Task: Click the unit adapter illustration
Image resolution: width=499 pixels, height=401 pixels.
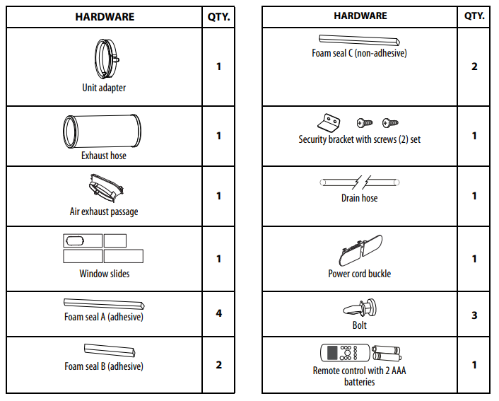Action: [x=105, y=59]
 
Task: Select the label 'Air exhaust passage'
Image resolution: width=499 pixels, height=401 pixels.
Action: [x=104, y=211]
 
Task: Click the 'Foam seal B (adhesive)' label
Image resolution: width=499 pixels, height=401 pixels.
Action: [x=104, y=366]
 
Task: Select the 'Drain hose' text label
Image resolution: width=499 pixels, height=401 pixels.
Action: [x=359, y=198]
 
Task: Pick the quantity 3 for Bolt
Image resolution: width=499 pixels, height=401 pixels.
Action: [x=474, y=315]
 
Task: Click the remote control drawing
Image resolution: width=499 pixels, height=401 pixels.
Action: [x=344, y=353]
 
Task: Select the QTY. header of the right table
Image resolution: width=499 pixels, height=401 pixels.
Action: [x=474, y=16]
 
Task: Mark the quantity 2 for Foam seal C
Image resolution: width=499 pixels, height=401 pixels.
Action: [x=474, y=66]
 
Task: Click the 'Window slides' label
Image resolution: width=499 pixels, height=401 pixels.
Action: [x=104, y=274]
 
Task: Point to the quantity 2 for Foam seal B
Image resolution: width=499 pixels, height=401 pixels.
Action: [x=218, y=365]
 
